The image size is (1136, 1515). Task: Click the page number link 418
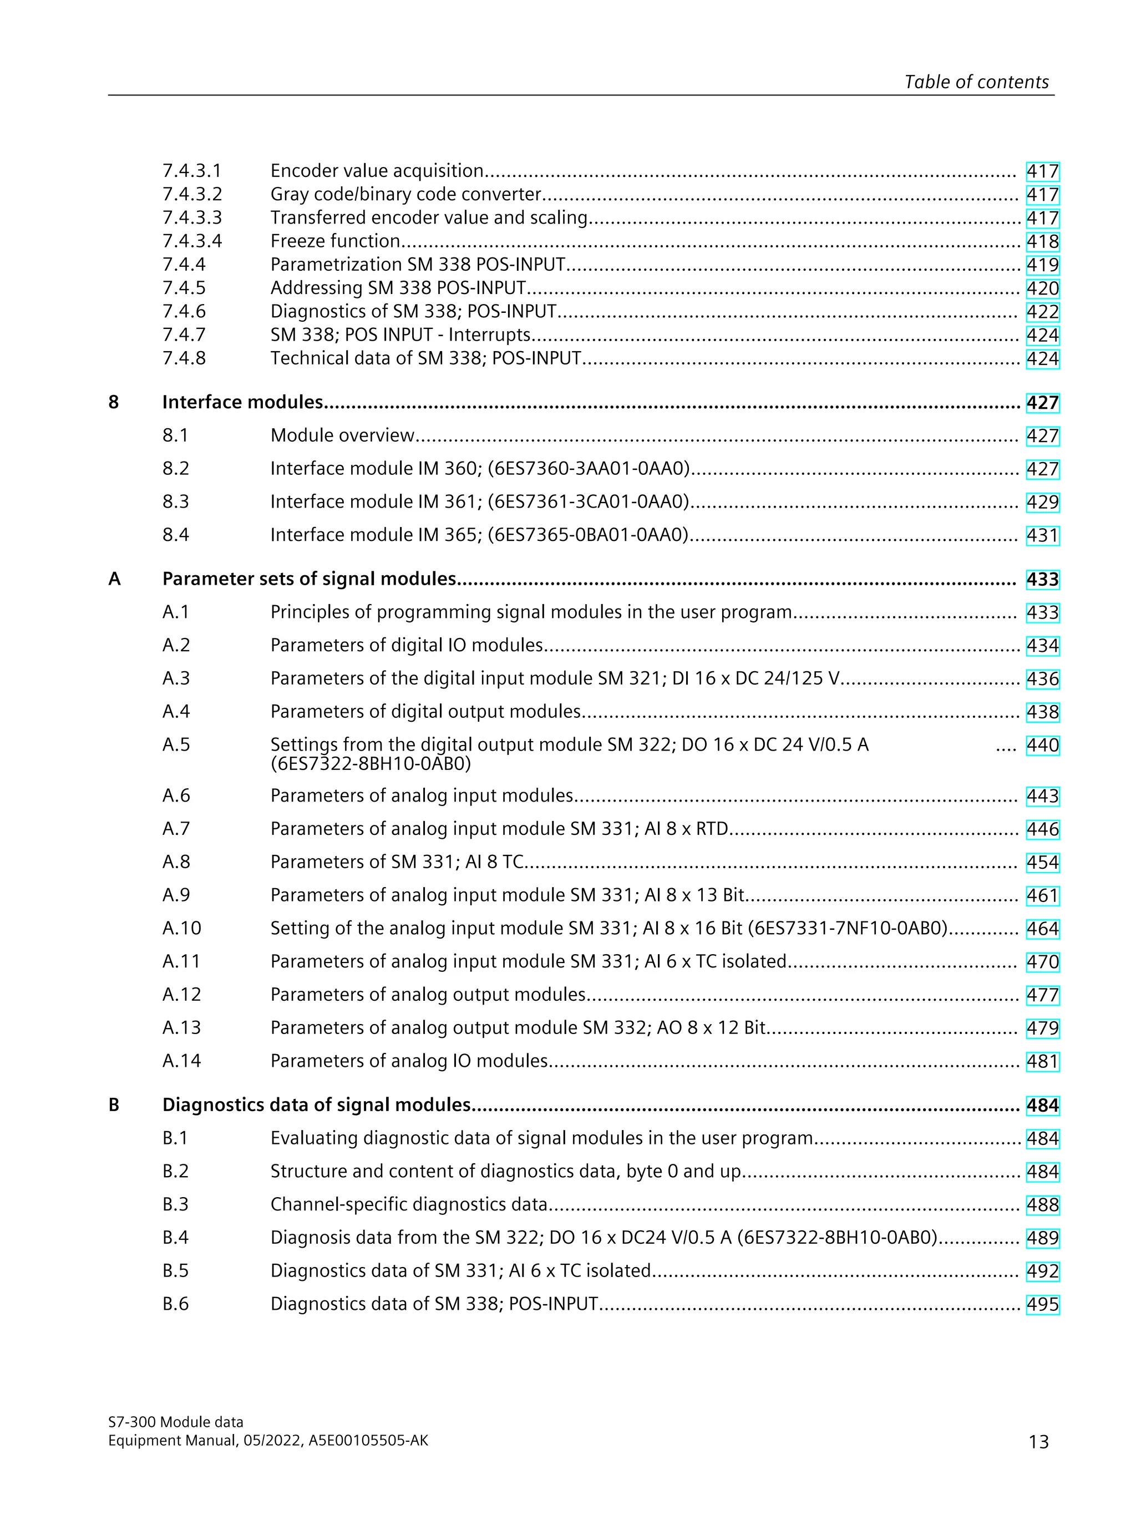[1042, 242]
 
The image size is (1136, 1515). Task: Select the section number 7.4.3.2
[192, 195]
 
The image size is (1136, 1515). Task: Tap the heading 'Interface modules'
[242, 402]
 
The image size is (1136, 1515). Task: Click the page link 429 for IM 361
[1042, 502]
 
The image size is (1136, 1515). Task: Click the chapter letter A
[114, 579]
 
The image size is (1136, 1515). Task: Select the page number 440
[1042, 745]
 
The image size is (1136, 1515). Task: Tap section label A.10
[181, 929]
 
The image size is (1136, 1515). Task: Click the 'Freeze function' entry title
[335, 241]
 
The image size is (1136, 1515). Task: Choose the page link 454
[1042, 862]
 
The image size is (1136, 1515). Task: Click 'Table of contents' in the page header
[976, 82]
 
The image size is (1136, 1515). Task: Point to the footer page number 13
[1038, 1442]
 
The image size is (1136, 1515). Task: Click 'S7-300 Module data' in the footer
[175, 1422]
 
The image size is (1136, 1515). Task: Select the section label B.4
[175, 1238]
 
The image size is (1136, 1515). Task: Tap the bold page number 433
[1042, 579]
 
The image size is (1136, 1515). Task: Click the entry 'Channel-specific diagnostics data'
[409, 1205]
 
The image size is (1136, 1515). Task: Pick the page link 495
[1042, 1304]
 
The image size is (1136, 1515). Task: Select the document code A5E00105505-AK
[368, 1440]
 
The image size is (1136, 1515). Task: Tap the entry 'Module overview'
[342, 435]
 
